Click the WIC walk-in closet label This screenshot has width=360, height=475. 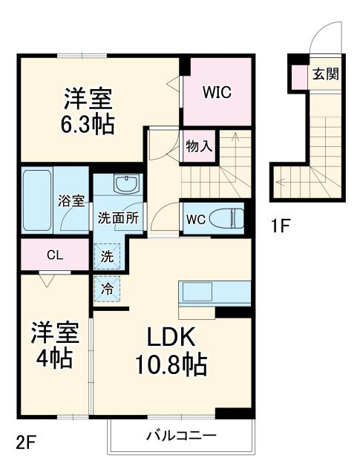pyautogui.click(x=217, y=93)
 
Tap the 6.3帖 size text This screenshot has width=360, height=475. pyautogui.click(x=88, y=125)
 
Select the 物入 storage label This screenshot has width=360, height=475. pyautogui.click(x=200, y=145)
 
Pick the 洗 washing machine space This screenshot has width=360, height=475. pyautogui.click(x=108, y=256)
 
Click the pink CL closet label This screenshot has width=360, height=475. pyautogui.click(x=55, y=255)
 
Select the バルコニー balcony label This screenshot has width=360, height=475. pyautogui.click(x=180, y=435)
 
